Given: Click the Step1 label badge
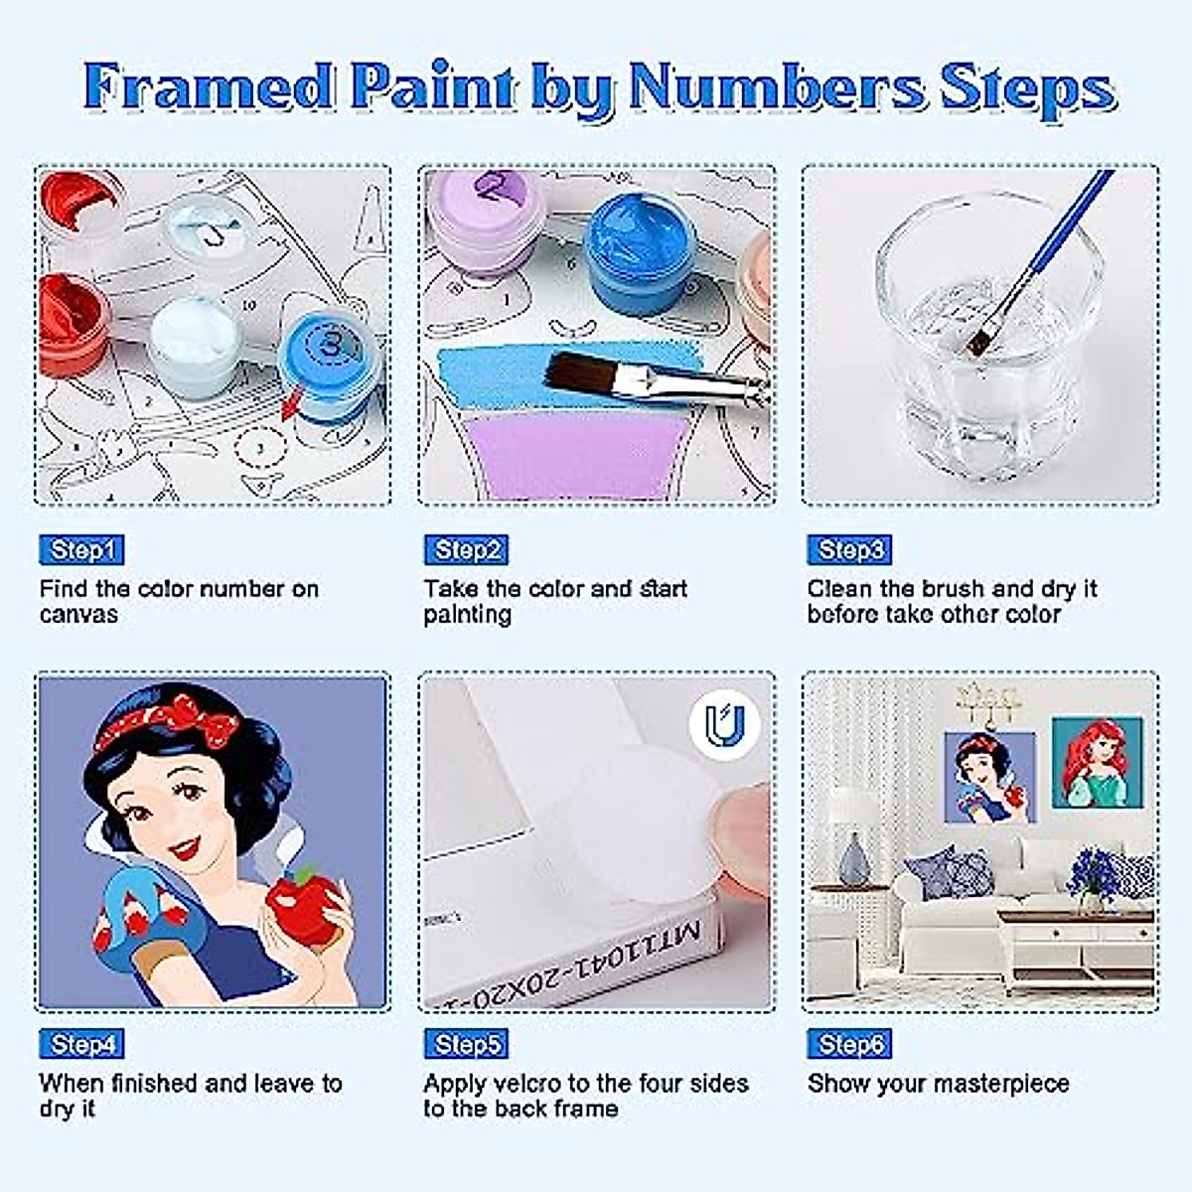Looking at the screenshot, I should [81, 549].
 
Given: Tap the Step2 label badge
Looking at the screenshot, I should [466, 549].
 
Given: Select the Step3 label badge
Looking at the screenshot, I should [849, 549].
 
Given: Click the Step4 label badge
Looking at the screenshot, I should [81, 1044].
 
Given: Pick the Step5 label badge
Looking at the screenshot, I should [466, 1044].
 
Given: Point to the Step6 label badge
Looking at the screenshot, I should [849, 1044].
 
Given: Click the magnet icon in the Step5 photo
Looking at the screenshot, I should [724, 724].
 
